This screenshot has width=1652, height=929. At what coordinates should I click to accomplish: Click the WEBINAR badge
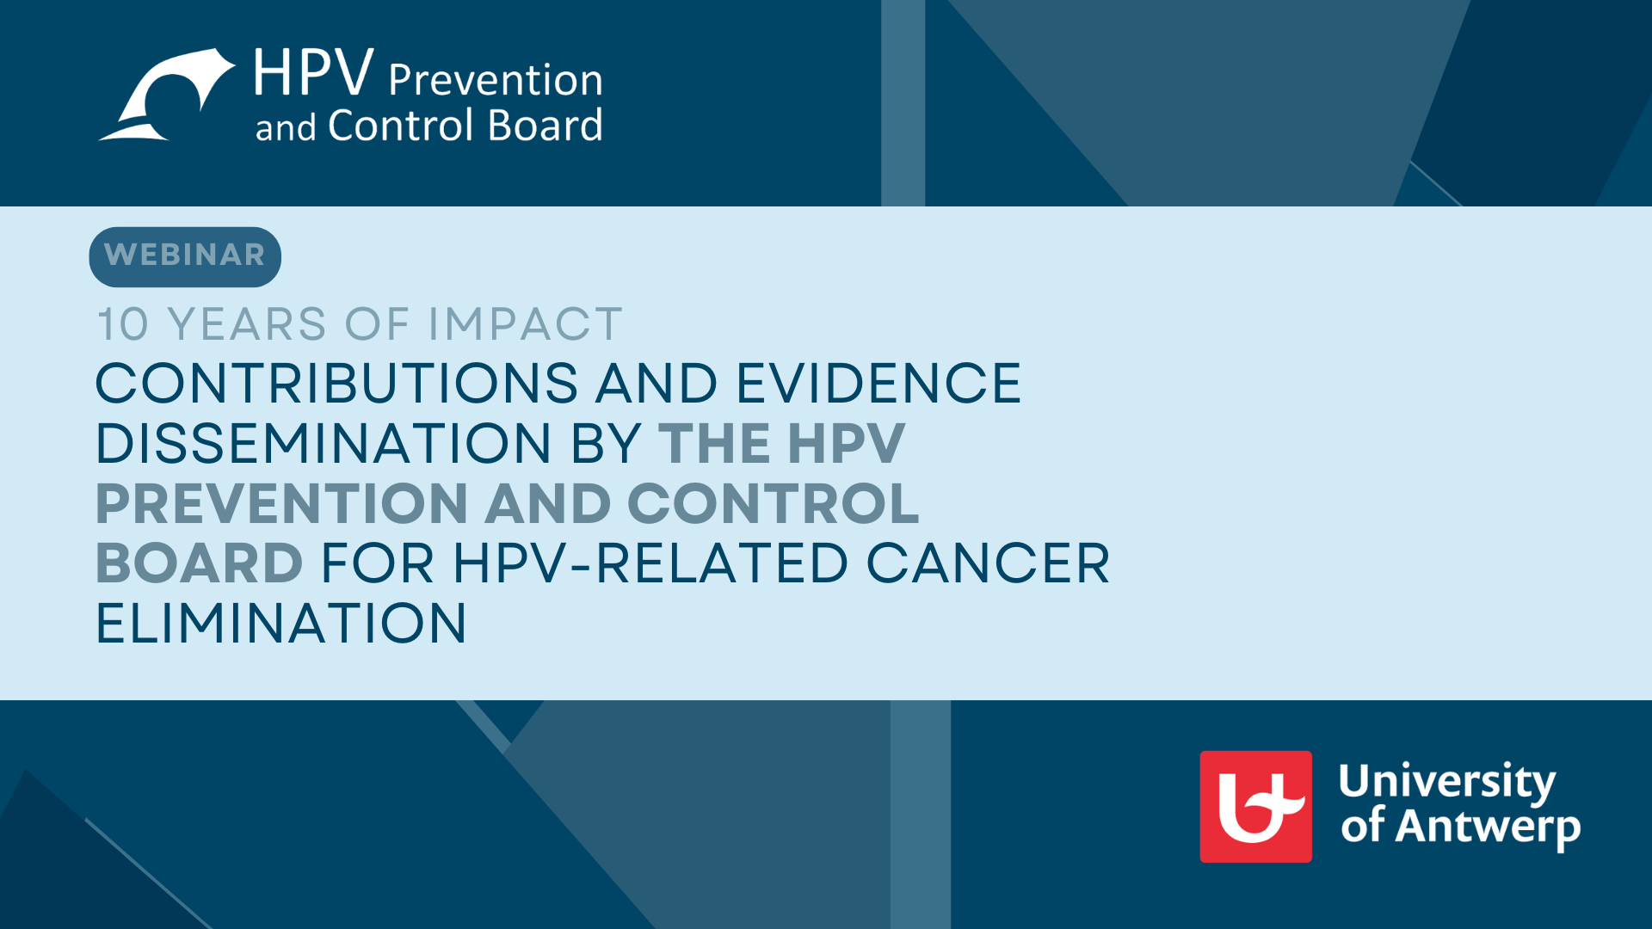[185, 256]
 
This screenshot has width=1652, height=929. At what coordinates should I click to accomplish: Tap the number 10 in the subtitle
[123, 324]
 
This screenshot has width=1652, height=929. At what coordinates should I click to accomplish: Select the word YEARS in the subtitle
[247, 324]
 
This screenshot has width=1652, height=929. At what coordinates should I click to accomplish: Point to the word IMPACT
[525, 324]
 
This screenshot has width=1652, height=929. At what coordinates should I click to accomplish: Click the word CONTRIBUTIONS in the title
[336, 383]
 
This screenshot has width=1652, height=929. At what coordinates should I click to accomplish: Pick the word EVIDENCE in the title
[878, 383]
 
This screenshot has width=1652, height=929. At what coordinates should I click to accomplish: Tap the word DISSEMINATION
[324, 443]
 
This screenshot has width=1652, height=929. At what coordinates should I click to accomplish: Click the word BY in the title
[606, 443]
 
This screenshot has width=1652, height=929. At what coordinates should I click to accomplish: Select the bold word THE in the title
[714, 443]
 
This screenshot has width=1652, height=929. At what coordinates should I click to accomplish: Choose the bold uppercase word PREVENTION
[281, 503]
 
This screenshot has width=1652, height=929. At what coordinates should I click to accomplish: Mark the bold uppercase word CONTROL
[774, 503]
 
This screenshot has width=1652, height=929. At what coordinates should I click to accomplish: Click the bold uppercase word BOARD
[199, 563]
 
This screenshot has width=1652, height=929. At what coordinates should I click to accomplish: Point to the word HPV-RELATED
[650, 563]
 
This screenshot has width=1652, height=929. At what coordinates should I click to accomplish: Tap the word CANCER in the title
[988, 563]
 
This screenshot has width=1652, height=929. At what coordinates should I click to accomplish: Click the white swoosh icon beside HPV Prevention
[167, 95]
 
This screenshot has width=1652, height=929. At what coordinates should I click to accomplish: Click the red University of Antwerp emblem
[1256, 807]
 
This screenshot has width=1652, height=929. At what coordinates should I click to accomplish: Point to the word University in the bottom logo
[1447, 782]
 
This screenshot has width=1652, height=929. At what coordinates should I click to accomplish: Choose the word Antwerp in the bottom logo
[1488, 827]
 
